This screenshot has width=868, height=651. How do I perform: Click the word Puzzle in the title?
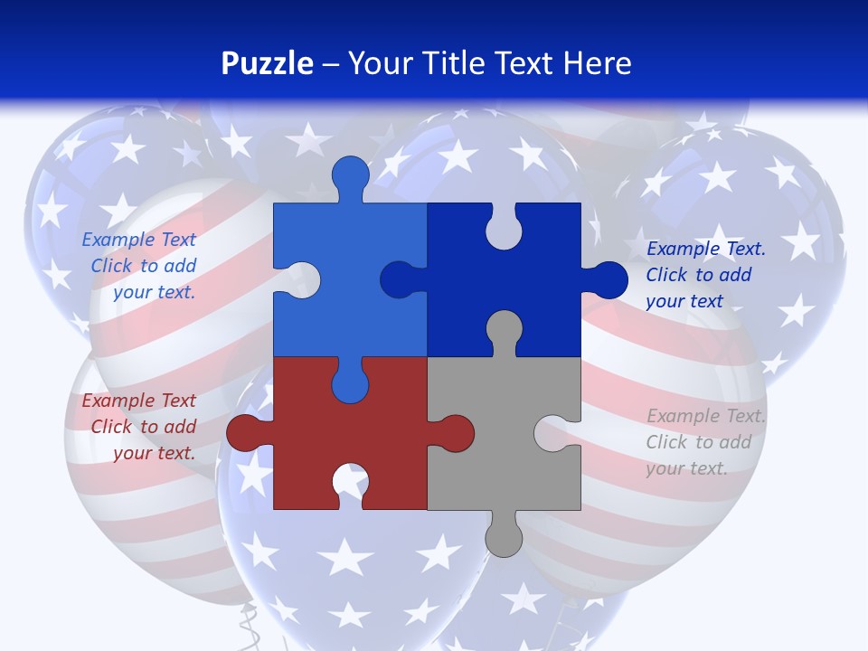pyautogui.click(x=267, y=63)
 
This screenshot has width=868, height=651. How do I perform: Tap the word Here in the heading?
pyautogui.click(x=597, y=63)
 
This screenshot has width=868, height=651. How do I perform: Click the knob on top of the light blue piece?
pyautogui.click(x=350, y=175)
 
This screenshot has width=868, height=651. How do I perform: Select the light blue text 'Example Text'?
pyautogui.click(x=138, y=240)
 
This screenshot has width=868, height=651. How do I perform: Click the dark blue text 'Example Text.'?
pyautogui.click(x=706, y=249)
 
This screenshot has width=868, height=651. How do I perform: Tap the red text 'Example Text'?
pyautogui.click(x=138, y=401)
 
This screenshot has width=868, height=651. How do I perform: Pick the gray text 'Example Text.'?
pyautogui.click(x=706, y=416)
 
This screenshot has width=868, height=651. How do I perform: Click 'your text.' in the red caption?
pyautogui.click(x=154, y=453)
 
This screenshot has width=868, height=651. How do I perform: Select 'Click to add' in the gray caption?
pyautogui.click(x=698, y=442)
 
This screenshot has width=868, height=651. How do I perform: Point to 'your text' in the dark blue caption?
pyautogui.click(x=684, y=301)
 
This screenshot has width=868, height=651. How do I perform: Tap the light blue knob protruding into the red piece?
pyautogui.click(x=350, y=383)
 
